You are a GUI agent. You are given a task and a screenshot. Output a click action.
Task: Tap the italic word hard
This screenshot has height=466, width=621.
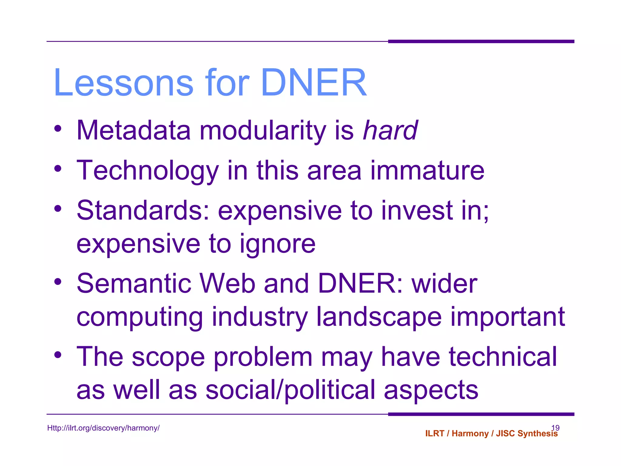390,130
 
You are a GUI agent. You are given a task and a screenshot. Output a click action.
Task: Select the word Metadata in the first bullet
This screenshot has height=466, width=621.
134,130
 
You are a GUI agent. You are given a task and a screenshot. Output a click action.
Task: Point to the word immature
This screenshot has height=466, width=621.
427,171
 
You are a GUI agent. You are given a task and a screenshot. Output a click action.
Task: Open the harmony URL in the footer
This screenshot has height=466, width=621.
103,428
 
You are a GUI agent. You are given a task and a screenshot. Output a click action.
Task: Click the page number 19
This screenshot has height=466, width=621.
555,427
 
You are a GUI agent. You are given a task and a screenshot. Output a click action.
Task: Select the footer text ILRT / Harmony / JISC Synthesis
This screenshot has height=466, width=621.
491,434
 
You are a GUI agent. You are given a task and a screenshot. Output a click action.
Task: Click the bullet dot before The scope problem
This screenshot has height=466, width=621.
58,355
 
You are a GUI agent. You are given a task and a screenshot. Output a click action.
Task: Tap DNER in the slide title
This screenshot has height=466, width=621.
314,83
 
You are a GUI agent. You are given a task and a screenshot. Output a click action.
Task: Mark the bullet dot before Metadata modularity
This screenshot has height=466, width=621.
58,129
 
